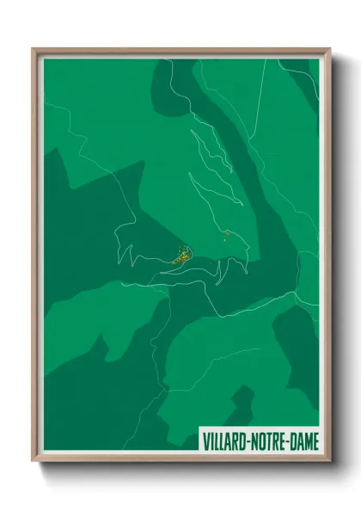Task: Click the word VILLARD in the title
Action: pos(226,441)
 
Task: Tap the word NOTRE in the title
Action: pos(270,441)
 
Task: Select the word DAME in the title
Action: pos(304,441)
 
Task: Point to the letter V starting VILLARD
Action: pos(207,441)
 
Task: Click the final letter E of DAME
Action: pos(315,441)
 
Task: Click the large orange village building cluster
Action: pos(181,255)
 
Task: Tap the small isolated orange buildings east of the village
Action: pos(225,233)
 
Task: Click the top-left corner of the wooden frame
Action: pos(34,49)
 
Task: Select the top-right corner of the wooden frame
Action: pos(329,49)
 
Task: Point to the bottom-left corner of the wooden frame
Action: pos(34,460)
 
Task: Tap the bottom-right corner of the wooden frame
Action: pos(329,460)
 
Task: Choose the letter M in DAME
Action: pos(309,441)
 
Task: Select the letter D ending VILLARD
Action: pos(243,441)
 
